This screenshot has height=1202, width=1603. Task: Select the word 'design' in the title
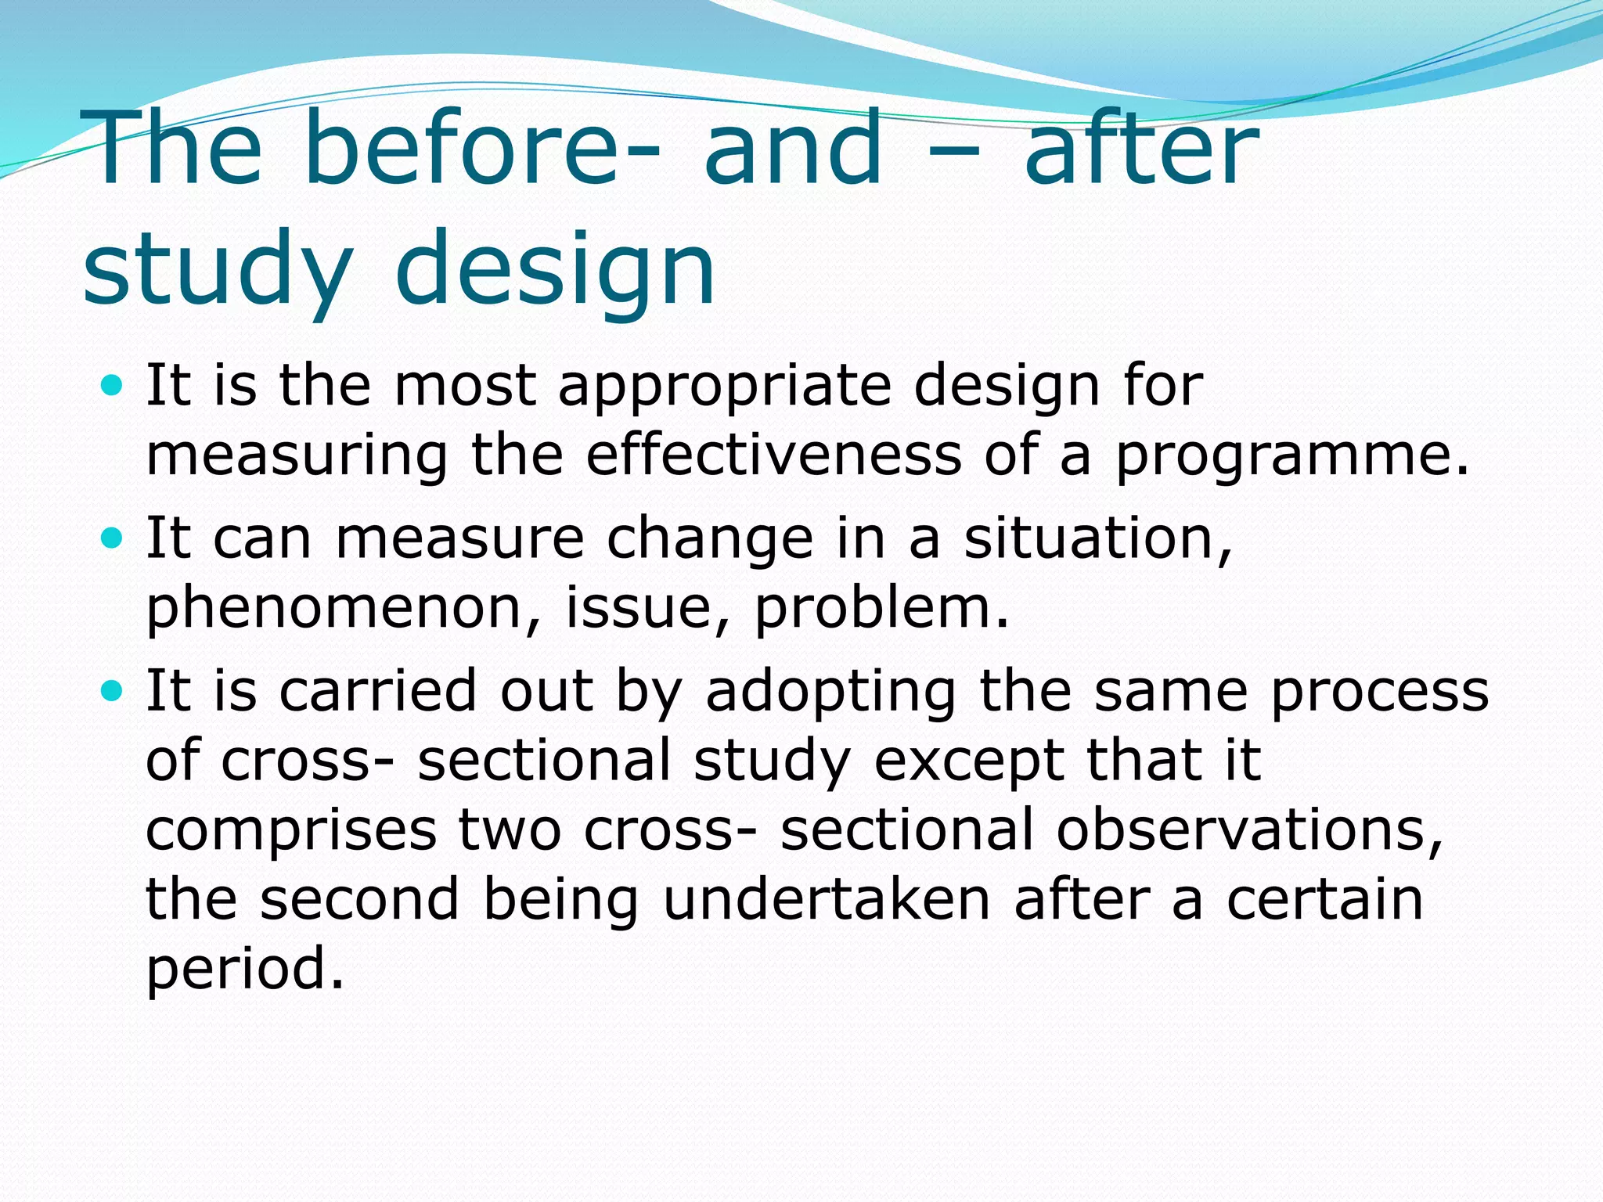555,270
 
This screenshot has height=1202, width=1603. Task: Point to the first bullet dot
113,385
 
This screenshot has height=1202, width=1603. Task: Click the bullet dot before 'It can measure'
113,538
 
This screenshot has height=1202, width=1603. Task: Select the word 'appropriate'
724,387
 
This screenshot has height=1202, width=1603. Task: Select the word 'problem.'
881,608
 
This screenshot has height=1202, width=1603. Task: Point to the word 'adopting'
830,693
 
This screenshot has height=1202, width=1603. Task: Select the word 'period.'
245,970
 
